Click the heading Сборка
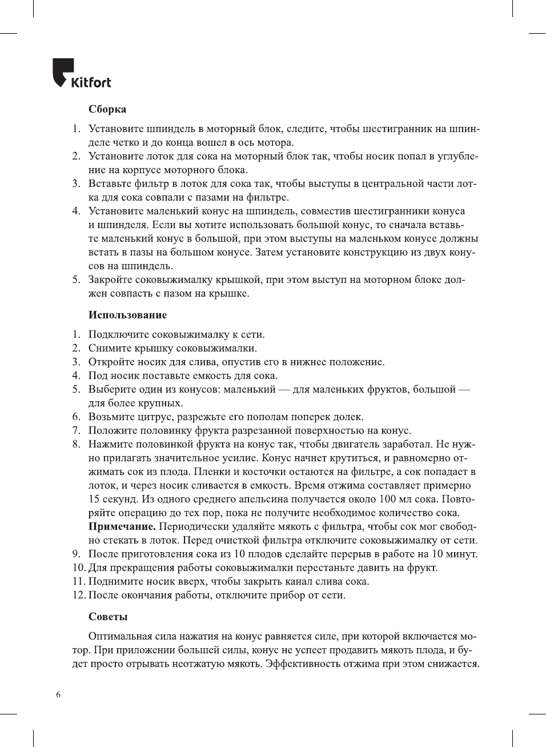(107, 109)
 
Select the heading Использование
(127, 315)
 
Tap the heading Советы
(108, 617)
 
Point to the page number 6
(58, 695)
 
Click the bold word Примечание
(122, 526)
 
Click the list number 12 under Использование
(78, 595)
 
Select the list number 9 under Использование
(76, 554)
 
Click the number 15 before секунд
(94, 499)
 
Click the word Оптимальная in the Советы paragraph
(121, 636)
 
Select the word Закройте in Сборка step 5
(111, 279)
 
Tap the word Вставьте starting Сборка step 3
(110, 183)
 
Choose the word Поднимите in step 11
(115, 581)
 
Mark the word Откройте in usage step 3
(111, 362)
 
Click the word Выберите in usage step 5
(112, 389)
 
